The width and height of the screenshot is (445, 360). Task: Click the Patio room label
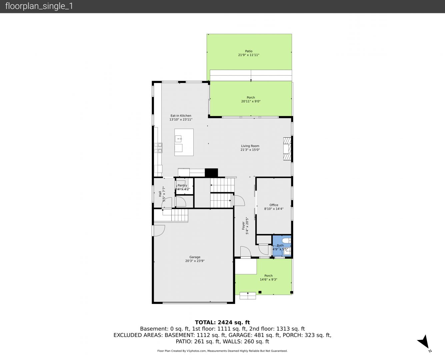coord(249,51)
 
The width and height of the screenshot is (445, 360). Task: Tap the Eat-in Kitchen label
coord(181,116)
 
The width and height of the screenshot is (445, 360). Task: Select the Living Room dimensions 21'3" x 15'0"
coord(250,150)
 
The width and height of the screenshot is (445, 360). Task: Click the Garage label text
coord(195,257)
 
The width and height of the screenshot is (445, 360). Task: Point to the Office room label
coord(274,205)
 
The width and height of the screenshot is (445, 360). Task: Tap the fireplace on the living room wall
coord(287,149)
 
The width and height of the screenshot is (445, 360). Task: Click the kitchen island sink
coord(178,139)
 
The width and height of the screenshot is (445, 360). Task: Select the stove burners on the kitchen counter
coord(158,148)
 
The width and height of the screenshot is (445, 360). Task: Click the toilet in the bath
coord(286,240)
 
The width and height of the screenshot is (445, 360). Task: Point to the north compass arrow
coord(424,341)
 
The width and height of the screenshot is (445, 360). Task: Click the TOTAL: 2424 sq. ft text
coord(222,322)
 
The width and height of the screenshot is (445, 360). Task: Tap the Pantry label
coord(182,185)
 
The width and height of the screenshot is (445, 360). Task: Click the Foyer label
coord(243,226)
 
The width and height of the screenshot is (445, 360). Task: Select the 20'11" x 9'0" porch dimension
coord(251,101)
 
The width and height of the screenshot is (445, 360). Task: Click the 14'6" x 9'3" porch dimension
coord(268,280)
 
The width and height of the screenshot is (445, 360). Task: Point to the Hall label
coord(160,194)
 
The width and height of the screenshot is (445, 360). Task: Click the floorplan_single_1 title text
coord(39,6)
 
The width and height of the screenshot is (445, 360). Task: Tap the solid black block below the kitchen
coord(211,173)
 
